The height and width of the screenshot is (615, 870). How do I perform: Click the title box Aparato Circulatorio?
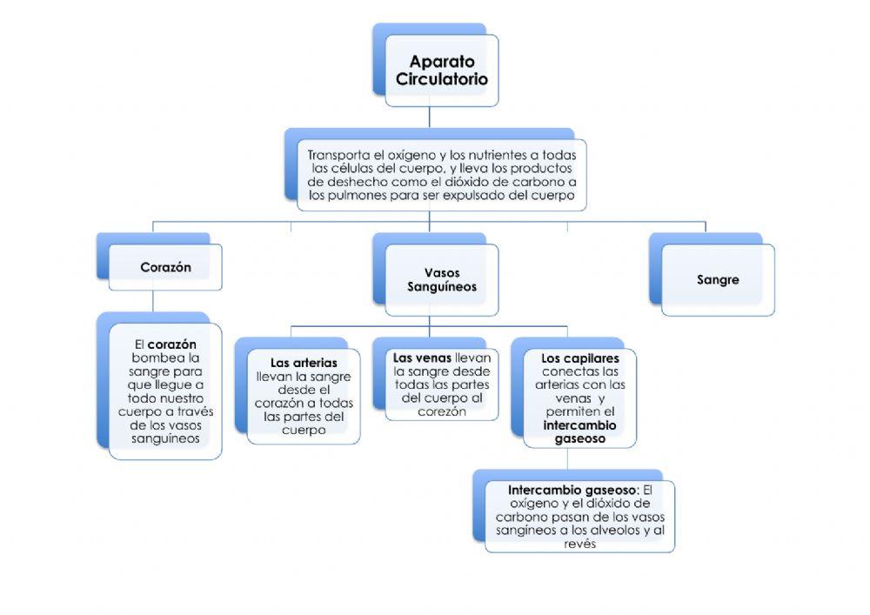(441, 70)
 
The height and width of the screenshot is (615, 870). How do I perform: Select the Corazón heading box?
(164, 267)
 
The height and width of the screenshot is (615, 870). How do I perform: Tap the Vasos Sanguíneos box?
(442, 279)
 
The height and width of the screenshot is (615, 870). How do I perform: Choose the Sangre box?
(718, 280)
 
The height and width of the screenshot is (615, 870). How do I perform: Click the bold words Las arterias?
(304, 363)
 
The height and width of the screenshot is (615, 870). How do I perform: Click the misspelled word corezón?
(441, 411)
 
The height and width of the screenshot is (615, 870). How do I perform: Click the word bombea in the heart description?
(152, 358)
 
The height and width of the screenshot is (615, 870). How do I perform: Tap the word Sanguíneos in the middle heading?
(442, 286)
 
